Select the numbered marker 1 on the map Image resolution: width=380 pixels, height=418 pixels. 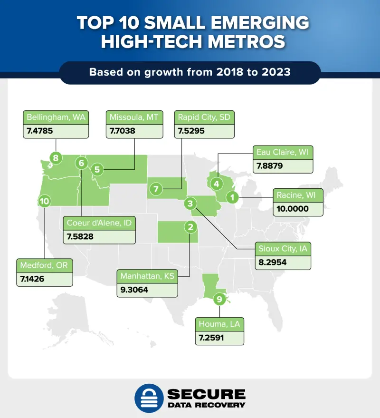232,196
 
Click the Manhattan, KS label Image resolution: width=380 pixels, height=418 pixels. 147,276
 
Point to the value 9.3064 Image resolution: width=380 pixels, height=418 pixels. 137,290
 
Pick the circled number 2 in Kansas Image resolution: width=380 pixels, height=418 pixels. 190,227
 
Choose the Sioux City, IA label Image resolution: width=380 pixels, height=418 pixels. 283,249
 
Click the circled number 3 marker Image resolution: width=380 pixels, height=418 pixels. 190,204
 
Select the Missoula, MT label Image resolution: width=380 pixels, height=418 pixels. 134,117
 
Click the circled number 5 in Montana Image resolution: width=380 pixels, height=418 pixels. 97,168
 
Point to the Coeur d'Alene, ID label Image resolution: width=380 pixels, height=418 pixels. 99,222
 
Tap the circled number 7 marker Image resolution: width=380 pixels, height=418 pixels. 155,189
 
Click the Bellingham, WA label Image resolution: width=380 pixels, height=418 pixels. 56,117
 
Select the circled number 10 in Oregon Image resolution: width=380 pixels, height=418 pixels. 45,201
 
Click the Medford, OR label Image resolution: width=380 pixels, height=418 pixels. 44,265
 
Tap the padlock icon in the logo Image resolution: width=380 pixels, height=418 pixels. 148,398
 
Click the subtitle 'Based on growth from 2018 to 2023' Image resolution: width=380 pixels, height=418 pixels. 190,73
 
